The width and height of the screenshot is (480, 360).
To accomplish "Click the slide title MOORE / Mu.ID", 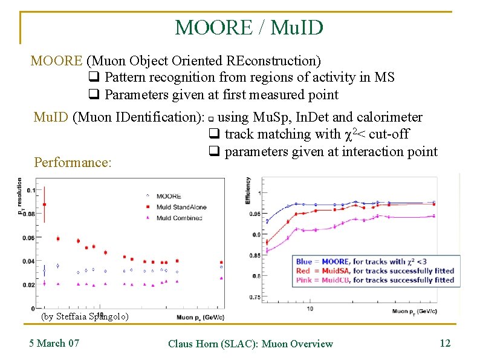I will click(249, 27).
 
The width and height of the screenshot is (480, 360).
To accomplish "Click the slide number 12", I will click(445, 344).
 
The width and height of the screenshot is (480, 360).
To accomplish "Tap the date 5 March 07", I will click(54, 344).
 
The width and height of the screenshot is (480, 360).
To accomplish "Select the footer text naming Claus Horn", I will click(250, 344).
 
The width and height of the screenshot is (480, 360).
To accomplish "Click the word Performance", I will click(73, 163).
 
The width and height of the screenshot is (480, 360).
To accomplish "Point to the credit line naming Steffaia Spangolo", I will click(84, 316).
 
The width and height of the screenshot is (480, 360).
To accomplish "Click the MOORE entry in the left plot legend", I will click(167, 196).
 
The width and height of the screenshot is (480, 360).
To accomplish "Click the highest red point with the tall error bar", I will click(44, 205).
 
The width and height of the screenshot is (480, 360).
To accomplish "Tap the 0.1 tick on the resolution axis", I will click(31, 191).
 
